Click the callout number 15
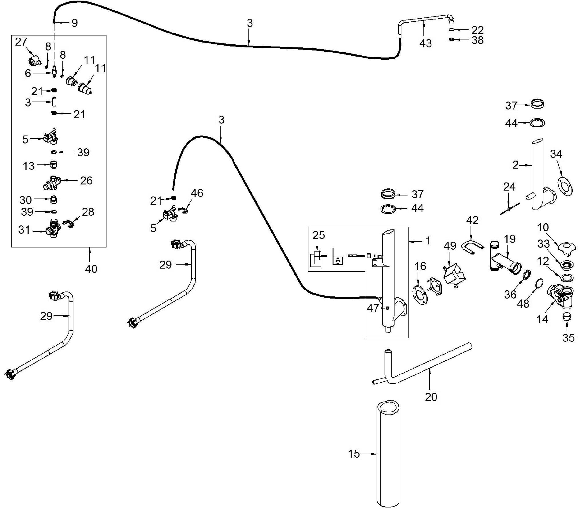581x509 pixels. (x=354, y=454)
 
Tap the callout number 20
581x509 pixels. (x=431, y=397)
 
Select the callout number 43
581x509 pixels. (x=426, y=43)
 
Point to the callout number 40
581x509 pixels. (x=91, y=269)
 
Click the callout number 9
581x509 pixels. (x=75, y=23)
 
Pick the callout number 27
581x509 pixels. (x=21, y=42)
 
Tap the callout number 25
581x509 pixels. (x=318, y=235)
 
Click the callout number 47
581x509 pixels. (x=373, y=308)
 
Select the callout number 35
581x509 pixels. (x=568, y=338)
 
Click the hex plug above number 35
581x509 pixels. (x=567, y=317)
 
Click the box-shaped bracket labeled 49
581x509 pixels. (x=454, y=274)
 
